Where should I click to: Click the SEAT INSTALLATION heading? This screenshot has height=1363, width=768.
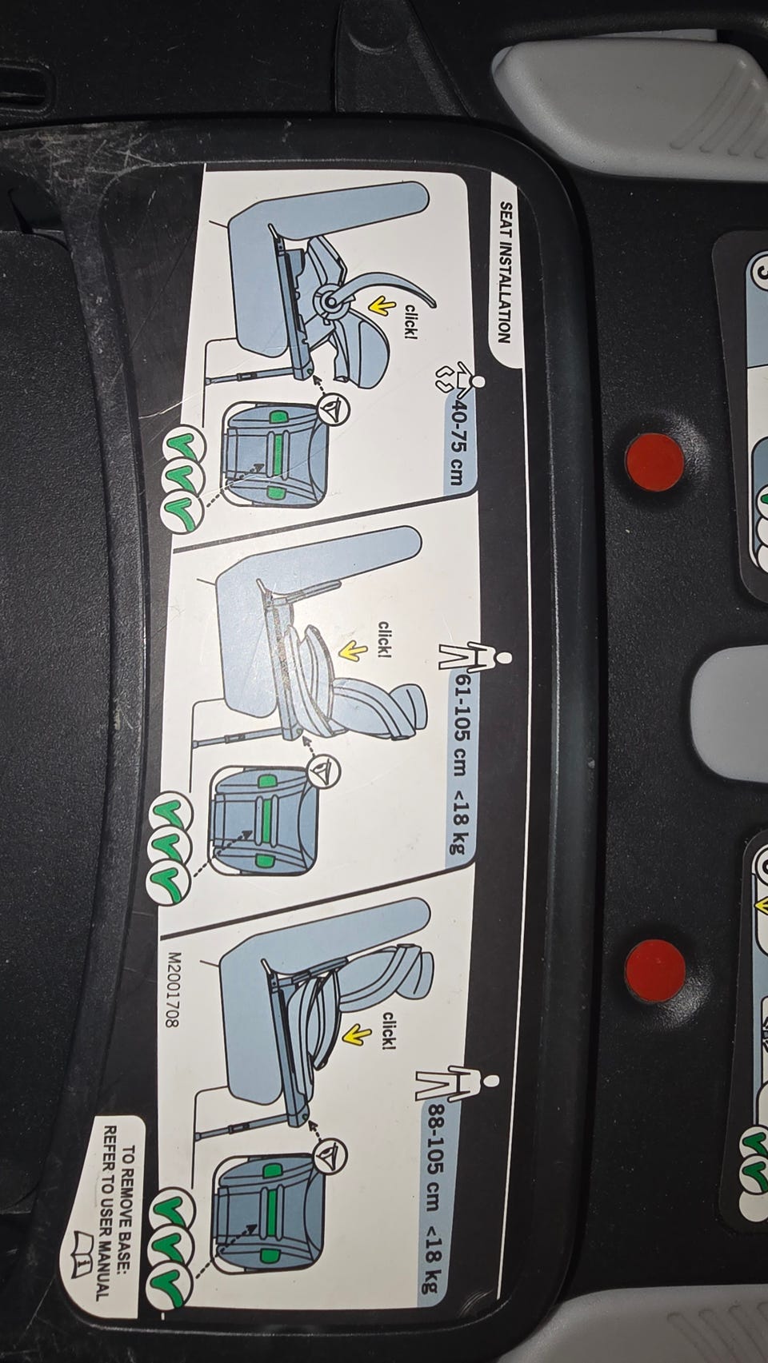coord(504,273)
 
